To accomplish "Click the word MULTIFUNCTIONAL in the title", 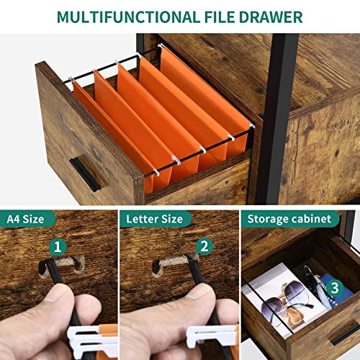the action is [x=128, y=17].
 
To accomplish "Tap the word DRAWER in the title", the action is [x=271, y=17].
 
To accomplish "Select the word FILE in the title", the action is [x=220, y=17].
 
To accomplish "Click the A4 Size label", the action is [x=25, y=219].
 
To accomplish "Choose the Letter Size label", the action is [x=154, y=219].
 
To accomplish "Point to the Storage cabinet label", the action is [x=289, y=219].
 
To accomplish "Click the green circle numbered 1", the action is [x=58, y=247].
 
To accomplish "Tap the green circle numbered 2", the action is [x=204, y=246].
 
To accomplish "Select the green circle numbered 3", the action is [x=335, y=288].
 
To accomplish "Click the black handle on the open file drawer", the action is [x=85, y=174].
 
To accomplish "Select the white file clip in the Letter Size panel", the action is [x=211, y=337].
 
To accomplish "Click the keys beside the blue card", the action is [x=315, y=283].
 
